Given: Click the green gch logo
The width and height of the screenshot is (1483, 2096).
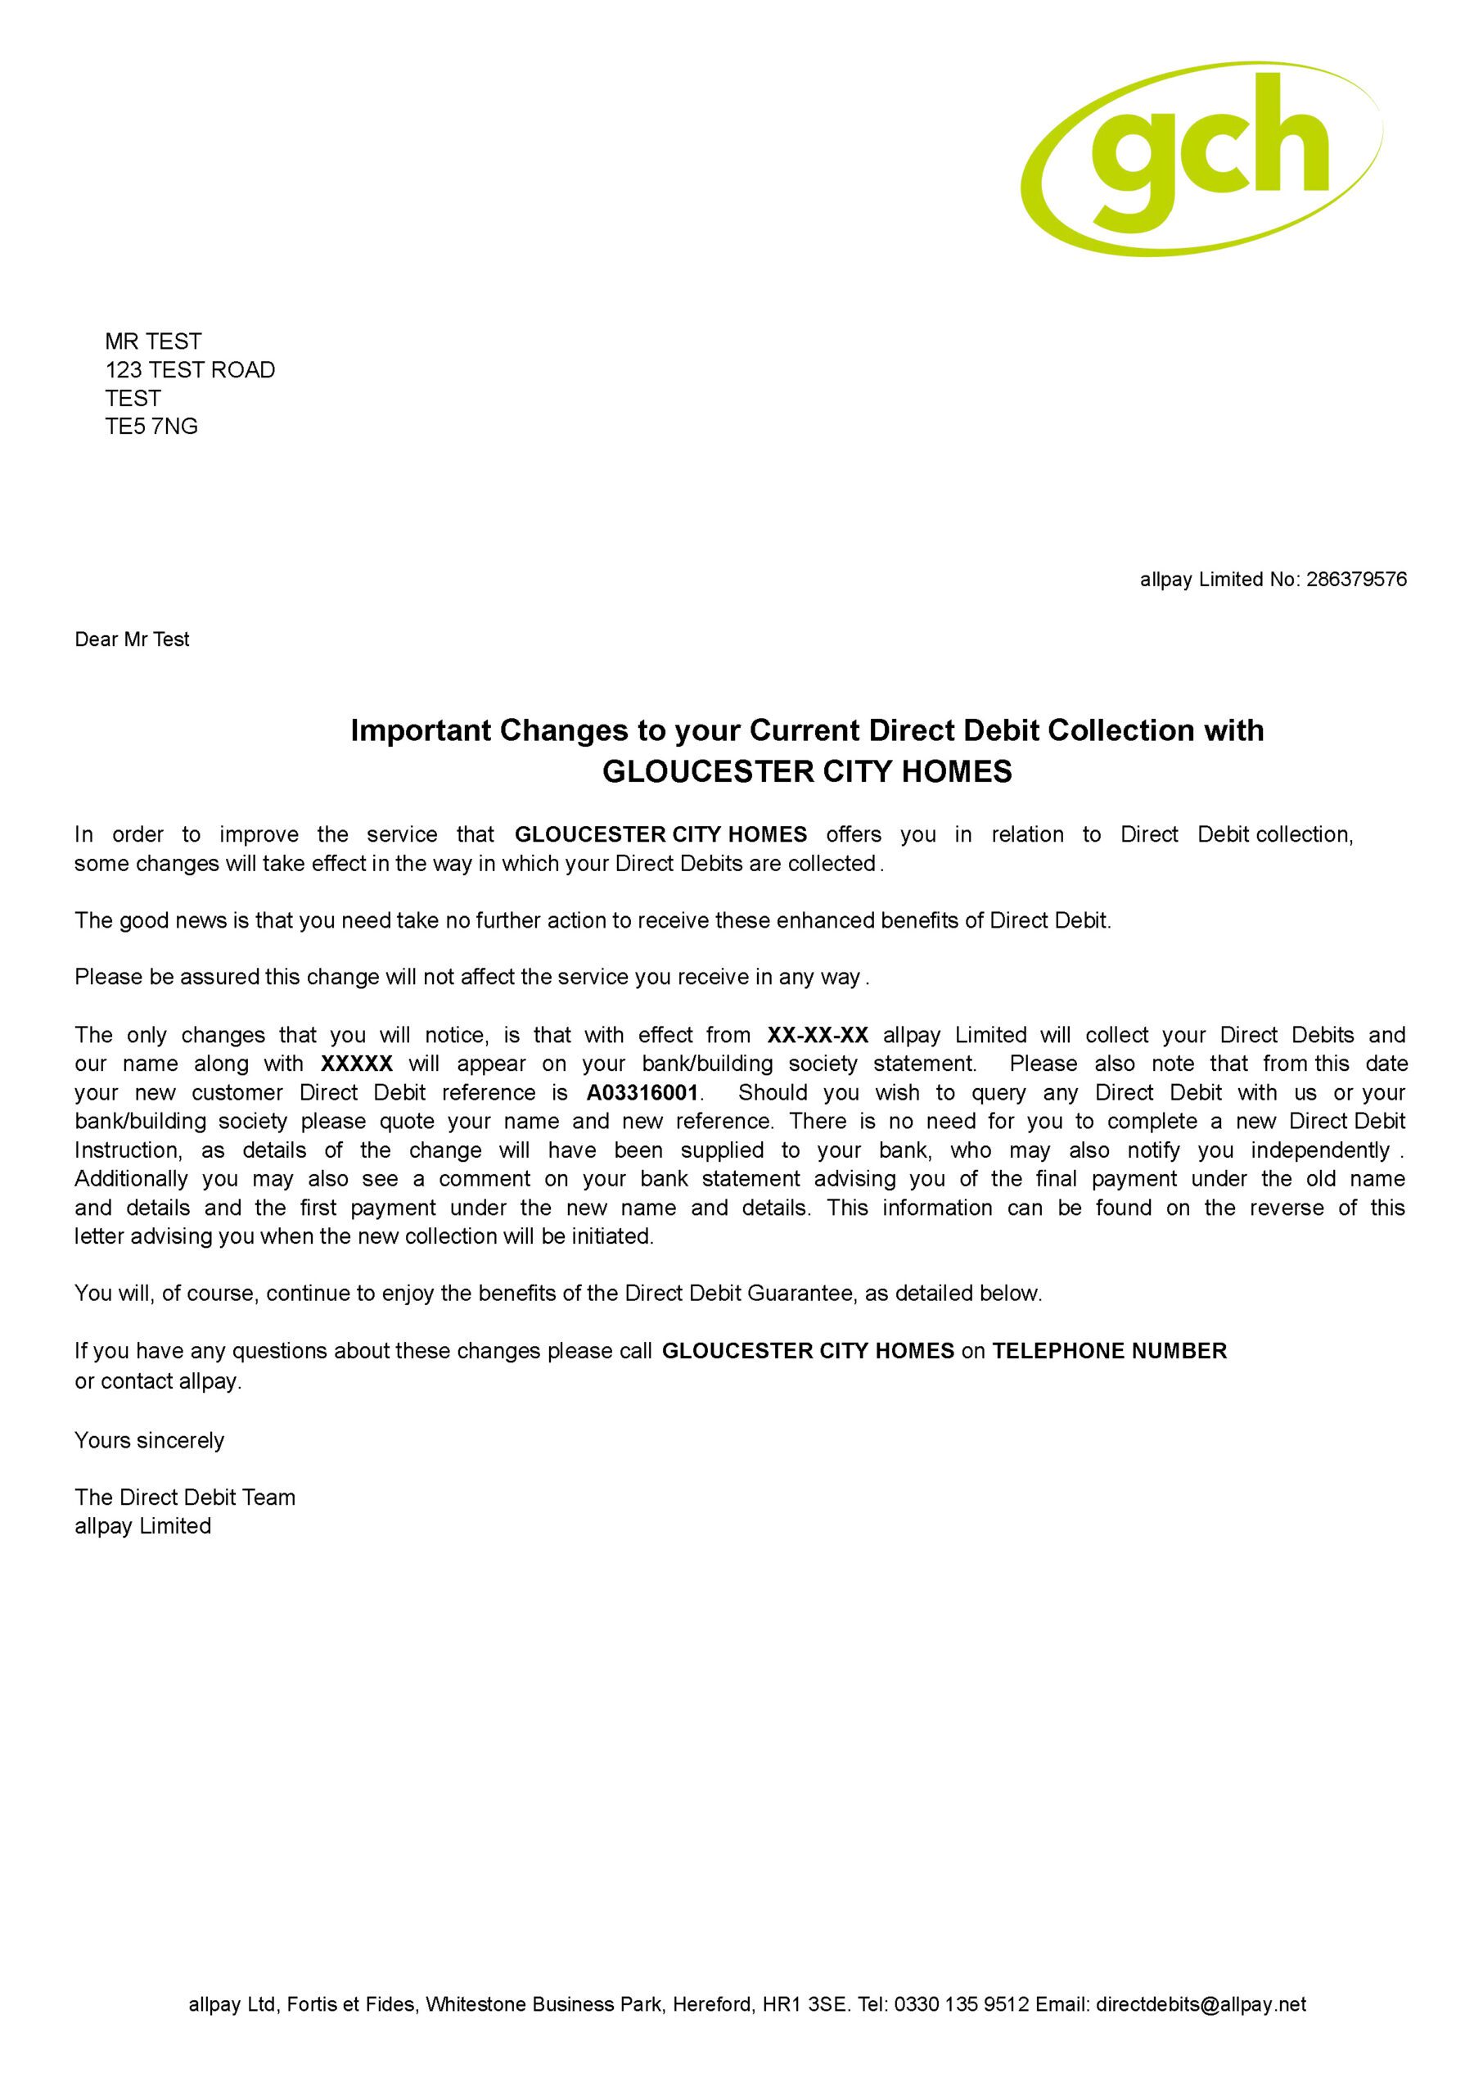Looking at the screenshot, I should click(x=1201, y=158).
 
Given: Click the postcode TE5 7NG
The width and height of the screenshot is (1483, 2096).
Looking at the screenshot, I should click(x=151, y=427).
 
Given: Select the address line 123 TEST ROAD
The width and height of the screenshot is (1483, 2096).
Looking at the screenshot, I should click(x=189, y=370).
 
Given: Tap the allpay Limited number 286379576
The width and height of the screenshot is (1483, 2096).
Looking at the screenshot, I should click(x=1356, y=579).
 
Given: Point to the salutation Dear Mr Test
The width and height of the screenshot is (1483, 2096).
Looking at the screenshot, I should click(x=132, y=639).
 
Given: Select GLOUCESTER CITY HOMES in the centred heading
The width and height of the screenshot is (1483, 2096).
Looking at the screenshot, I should click(x=807, y=772).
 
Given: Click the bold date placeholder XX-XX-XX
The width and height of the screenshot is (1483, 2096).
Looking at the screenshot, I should click(x=818, y=1035).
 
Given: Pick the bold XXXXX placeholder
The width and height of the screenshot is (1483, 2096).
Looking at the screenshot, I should click(x=356, y=1064).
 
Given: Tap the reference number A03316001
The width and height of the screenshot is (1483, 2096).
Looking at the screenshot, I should click(x=642, y=1092).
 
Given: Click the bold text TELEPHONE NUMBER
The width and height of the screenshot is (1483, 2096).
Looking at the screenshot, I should click(x=1110, y=1351).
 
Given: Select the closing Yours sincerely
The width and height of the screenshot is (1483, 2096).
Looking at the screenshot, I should click(x=149, y=1440).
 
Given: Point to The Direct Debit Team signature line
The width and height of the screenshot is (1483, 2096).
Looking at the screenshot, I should click(x=184, y=1497).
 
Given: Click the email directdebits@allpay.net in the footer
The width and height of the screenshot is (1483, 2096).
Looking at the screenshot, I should click(x=1201, y=2004).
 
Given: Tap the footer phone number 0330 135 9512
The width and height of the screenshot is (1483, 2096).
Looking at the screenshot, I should click(x=962, y=2004).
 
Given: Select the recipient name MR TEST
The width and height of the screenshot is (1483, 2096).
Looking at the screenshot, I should click(x=152, y=341).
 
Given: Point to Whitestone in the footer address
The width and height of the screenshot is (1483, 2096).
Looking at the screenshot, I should click(x=476, y=2004).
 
